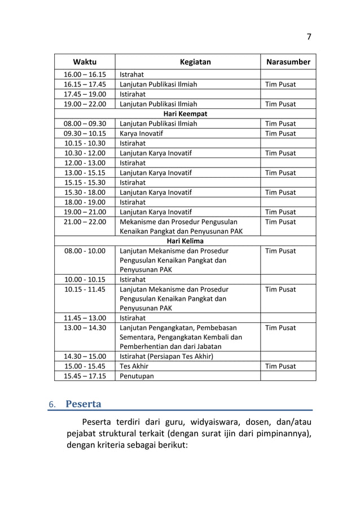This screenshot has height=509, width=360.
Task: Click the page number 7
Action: (309, 37)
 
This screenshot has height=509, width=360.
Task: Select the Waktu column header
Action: (85, 62)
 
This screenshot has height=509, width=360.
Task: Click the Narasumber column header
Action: (288, 62)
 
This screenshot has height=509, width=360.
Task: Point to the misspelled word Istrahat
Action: (131, 74)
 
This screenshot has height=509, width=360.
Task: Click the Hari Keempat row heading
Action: (185, 114)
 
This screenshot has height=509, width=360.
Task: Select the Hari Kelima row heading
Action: (185, 241)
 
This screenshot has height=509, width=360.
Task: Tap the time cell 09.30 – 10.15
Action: (85, 134)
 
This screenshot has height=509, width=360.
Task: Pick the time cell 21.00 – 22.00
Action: (85, 222)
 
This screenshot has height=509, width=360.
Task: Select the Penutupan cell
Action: (136, 376)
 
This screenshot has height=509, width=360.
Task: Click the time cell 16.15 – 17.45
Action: (85, 85)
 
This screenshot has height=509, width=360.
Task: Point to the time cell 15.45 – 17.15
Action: (85, 376)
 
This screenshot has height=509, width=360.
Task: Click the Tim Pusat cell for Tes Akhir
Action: (280, 366)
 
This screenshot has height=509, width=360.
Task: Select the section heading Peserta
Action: (84, 405)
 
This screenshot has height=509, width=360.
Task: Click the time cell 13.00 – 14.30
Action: (85, 328)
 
